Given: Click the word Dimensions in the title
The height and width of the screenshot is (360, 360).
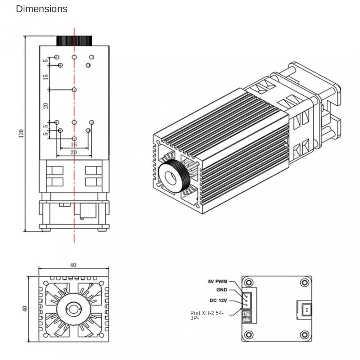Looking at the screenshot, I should click(41, 9).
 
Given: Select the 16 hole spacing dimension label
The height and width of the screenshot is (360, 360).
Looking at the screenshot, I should click(74, 144).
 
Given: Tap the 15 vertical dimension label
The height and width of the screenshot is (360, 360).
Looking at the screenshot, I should click(45, 77).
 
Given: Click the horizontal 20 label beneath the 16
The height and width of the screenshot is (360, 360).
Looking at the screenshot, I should click(74, 153).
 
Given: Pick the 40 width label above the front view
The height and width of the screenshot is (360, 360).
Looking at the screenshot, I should click(73, 265).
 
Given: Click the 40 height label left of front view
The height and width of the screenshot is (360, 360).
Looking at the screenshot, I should click(25, 309).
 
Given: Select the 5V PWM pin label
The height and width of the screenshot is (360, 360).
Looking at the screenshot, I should click(217, 282).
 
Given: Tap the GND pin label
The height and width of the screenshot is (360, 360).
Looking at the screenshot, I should click(221, 290).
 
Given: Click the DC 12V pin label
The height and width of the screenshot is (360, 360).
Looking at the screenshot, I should click(218, 301).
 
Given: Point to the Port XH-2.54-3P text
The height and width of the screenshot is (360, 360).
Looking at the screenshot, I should click(207, 315).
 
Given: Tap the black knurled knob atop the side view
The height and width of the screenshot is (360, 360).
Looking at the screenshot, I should click(74, 40).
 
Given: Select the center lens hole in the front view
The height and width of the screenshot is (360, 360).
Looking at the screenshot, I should click(72, 309).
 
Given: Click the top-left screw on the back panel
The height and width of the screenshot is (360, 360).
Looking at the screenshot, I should click(248, 282).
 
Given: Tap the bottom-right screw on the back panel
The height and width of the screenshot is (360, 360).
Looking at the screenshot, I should click(305, 334).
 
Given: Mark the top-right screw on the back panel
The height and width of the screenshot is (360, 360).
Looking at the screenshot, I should click(305, 282).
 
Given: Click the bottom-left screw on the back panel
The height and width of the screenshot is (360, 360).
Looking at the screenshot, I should click(248, 334).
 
